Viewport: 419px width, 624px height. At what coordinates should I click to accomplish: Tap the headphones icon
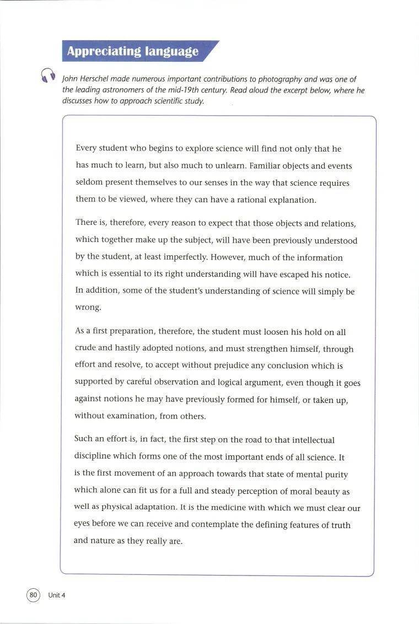[48, 76]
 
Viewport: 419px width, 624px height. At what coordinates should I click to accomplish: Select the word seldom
[89, 183]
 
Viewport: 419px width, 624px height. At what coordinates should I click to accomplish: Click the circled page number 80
[33, 595]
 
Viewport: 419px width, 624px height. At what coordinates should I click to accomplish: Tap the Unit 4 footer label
[57, 595]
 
